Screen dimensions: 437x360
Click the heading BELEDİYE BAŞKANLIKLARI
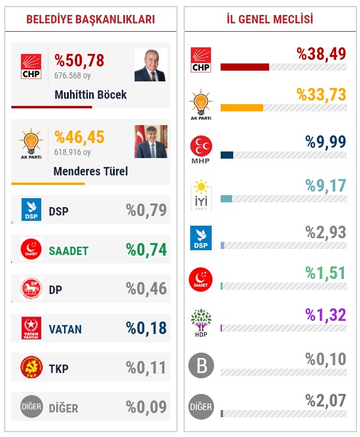pos(91,20)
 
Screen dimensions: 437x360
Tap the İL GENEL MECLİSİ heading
pos(270,20)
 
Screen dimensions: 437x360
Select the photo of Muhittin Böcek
pos(151,65)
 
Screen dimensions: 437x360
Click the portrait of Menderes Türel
pos(151,141)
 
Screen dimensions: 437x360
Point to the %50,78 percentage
pos(80,60)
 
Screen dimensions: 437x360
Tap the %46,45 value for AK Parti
pos(80,137)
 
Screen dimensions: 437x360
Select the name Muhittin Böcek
pos(90,95)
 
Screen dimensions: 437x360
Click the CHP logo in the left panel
pos(31,66)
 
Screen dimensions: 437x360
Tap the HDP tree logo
pos(201,322)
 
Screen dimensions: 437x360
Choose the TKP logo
pos(31,368)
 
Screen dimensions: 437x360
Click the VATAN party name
pos(65,329)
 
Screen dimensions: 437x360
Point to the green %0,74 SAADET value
pos(147,250)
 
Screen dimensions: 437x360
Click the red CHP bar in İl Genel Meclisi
pos(245,67)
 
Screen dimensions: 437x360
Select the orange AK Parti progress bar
pos(242,108)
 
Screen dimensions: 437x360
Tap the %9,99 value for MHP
pos(326,141)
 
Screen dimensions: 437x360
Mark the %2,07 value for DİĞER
pos(326,400)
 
